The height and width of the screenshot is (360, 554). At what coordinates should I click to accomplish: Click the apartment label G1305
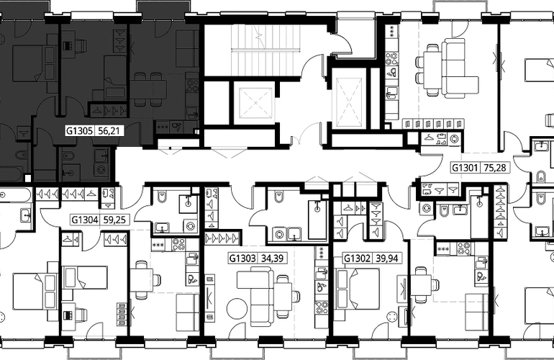tap(79, 131)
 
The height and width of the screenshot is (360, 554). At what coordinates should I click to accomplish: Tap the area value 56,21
tap(109, 131)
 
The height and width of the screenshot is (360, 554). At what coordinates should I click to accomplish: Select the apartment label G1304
tap(85, 220)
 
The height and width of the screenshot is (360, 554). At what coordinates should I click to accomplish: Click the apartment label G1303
tap(242, 258)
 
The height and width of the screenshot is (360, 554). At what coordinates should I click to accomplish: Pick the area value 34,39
tap(272, 258)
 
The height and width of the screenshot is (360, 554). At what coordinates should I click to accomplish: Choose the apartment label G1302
tap(357, 258)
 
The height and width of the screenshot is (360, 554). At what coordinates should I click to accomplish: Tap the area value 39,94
tap(386, 258)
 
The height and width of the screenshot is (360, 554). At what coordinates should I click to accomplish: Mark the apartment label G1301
tap(466, 167)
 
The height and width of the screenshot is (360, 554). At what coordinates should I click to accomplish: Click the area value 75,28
tap(495, 167)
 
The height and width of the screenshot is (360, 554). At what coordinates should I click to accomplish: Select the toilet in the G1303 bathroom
tap(278, 197)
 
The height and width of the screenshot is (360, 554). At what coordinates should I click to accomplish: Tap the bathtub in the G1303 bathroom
tap(318, 220)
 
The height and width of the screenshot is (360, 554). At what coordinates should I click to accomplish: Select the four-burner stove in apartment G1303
tap(322, 307)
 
